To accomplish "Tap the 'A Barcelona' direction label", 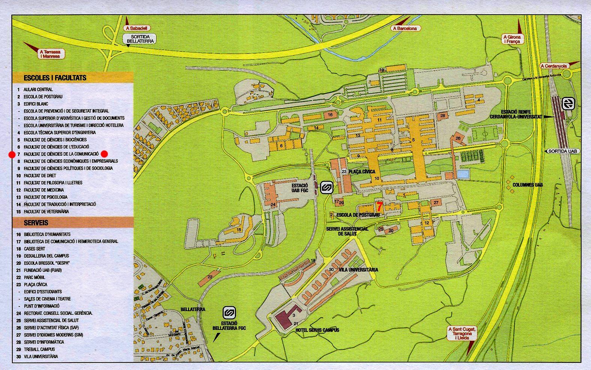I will click(x=405, y=28).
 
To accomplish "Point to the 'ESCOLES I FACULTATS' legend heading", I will click(x=55, y=78).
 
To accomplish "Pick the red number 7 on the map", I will click(x=380, y=207).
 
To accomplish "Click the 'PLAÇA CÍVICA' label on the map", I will click(x=362, y=172).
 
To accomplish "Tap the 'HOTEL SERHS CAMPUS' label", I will click(x=317, y=330).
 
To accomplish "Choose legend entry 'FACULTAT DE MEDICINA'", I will click(x=44, y=190).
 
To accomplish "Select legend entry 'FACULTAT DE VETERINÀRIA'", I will click(x=46, y=211).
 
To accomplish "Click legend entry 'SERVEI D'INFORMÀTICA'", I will click(x=44, y=342).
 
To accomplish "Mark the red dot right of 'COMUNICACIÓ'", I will click(x=104, y=154).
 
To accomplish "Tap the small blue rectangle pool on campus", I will click(x=463, y=174).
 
